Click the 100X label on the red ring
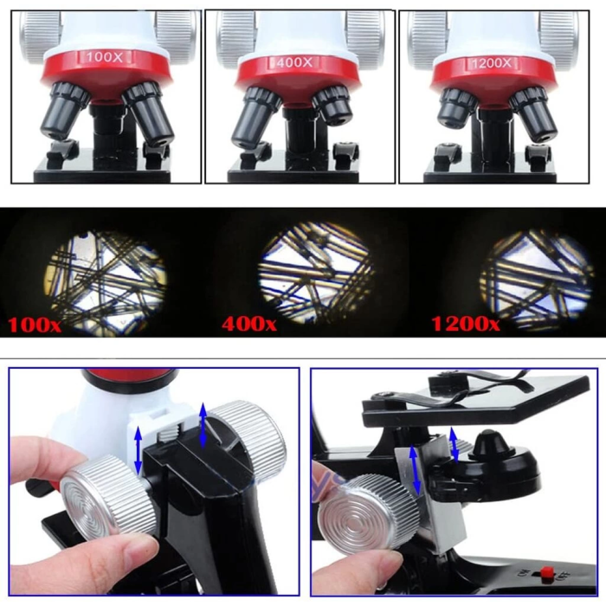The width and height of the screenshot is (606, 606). tap(104, 58)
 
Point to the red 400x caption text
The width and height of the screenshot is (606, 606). tap(249, 326)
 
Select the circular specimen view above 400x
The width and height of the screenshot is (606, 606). tap(315, 271)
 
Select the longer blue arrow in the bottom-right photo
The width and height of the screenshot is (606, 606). tap(416, 471)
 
